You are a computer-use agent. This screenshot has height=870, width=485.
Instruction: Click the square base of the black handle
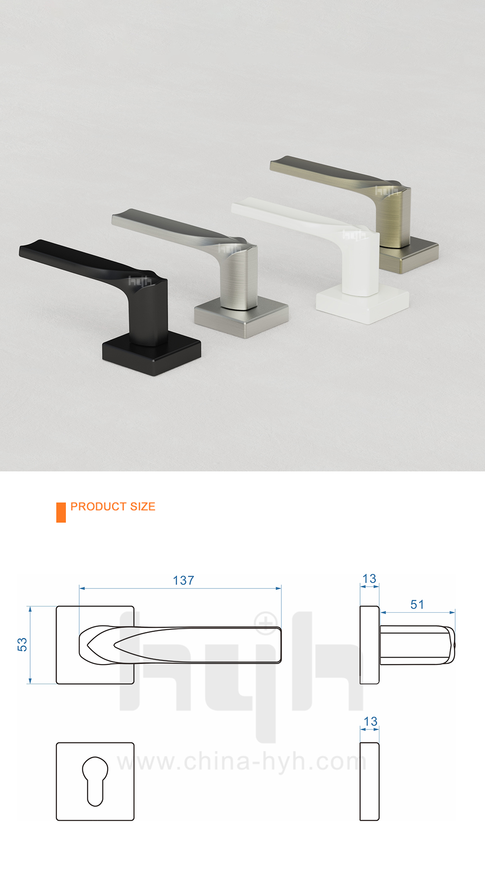coord(151,355)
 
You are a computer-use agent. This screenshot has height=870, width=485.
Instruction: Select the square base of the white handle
coord(362,304)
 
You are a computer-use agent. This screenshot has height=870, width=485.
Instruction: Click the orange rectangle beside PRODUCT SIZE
coord(61,512)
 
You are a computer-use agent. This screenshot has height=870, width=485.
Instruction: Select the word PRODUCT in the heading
coord(98,507)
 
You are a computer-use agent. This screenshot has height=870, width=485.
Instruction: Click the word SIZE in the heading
coord(143,507)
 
